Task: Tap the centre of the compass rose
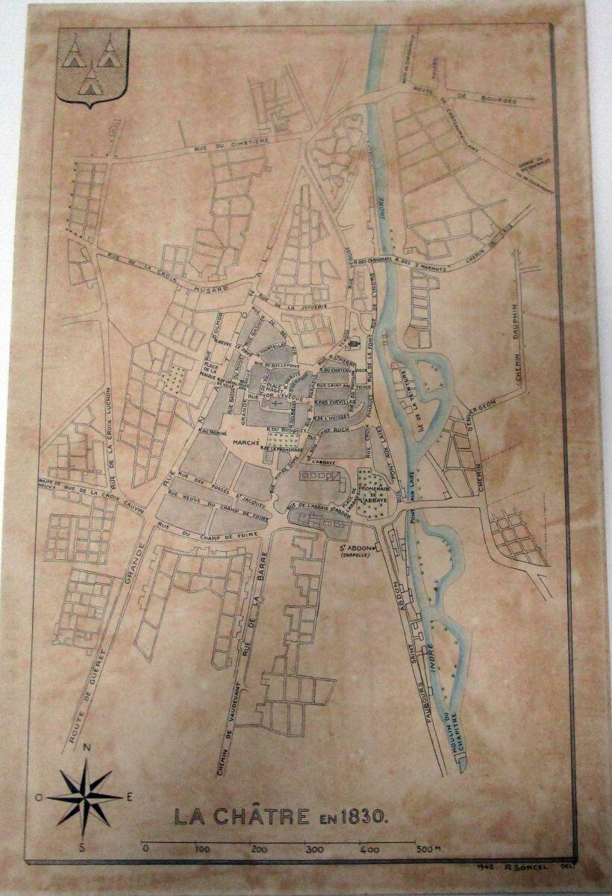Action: [84, 797]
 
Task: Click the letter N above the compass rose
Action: [87, 747]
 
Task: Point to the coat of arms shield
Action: [93, 67]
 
